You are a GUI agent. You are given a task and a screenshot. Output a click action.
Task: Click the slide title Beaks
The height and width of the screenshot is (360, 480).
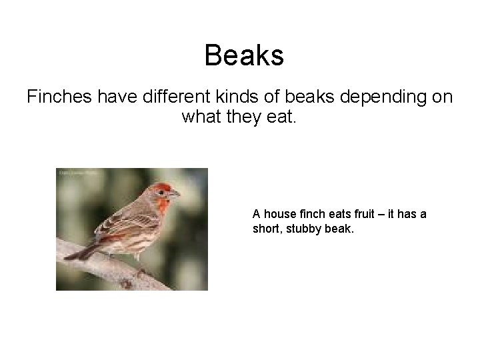244,55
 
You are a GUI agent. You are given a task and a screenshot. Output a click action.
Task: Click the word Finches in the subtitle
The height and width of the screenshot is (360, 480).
59,97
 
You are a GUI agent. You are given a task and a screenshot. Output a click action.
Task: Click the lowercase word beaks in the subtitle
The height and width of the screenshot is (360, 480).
307,97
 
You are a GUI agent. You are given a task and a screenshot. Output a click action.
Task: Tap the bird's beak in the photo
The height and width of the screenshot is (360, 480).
176,195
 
